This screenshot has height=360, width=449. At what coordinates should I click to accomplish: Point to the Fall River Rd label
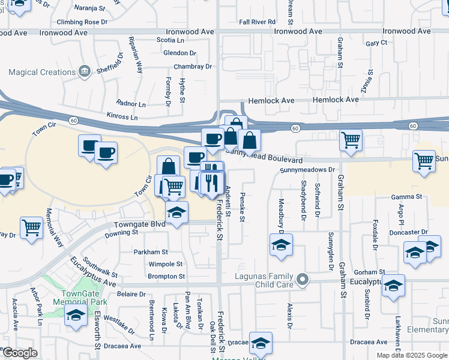point(257,22)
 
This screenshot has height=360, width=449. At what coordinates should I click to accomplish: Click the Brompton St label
point(166,277)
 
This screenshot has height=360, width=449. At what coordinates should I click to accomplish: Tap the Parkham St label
point(151,253)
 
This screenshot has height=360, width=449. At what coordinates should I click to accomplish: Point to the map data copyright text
point(412,355)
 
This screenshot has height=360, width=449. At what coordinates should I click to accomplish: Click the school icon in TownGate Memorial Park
point(76,316)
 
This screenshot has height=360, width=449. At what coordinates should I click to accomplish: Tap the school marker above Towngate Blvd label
point(176,212)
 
